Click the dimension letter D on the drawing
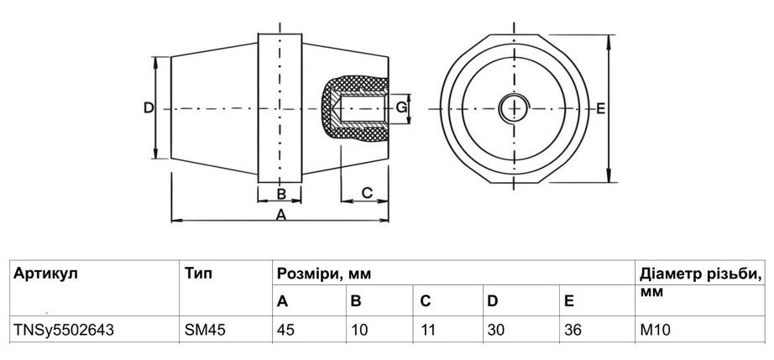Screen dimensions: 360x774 (x=148, y=108)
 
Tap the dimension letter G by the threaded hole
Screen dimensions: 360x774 (x=402, y=108)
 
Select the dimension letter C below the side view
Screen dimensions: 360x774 (x=367, y=192)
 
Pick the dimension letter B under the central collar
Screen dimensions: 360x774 (x=281, y=194)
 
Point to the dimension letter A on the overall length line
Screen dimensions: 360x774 (x=281, y=216)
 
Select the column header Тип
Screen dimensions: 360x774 (x=197, y=274)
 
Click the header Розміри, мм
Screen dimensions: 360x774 (x=323, y=274)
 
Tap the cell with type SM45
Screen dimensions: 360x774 (x=200, y=330)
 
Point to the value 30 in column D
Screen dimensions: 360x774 (x=497, y=330)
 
